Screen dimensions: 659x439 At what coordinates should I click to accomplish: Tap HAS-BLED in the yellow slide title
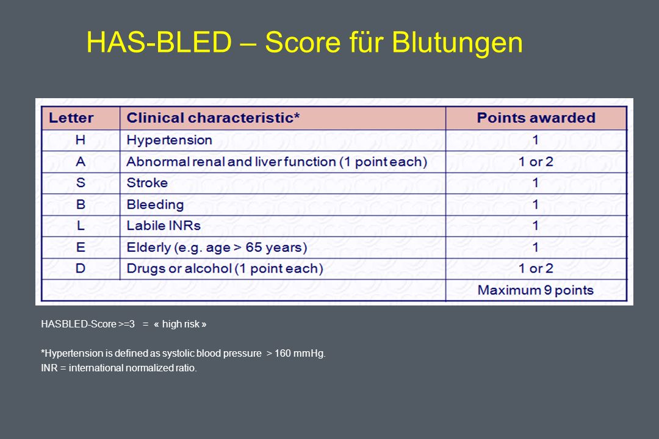click(159, 42)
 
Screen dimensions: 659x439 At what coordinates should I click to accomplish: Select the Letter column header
click(71, 118)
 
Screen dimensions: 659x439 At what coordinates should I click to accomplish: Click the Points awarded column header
click(536, 118)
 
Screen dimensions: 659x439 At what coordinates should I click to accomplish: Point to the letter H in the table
click(81, 140)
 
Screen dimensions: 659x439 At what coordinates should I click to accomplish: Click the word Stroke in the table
click(147, 183)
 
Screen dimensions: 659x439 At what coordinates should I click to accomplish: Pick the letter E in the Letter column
click(81, 247)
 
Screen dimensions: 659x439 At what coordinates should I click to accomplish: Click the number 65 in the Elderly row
click(254, 247)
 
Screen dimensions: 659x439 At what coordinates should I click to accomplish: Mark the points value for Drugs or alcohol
click(536, 268)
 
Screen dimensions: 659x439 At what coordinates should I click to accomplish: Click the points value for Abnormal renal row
click(536, 162)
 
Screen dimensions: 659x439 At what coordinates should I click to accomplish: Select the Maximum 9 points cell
click(536, 290)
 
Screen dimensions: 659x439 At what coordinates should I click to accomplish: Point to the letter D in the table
click(81, 268)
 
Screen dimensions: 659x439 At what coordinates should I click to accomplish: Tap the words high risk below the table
click(181, 324)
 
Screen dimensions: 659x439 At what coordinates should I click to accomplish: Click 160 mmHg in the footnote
click(300, 353)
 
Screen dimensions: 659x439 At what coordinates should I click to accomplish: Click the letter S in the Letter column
click(81, 183)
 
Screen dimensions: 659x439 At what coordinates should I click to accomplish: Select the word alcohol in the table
click(208, 268)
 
